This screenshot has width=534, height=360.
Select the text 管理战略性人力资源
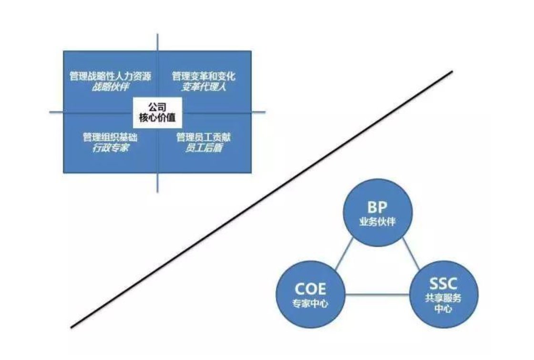[110, 76]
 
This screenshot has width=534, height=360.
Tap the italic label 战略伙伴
[110, 87]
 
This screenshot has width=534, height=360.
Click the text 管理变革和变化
[204, 76]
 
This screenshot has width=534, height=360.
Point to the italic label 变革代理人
[204, 87]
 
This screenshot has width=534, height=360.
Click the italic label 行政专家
[110, 148]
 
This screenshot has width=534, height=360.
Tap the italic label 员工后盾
[204, 148]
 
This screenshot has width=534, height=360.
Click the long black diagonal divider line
[261, 200]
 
